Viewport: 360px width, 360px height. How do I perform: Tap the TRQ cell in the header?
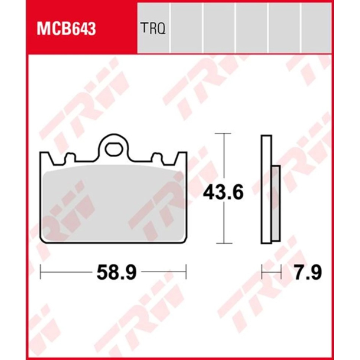pyautogui.click(x=152, y=28)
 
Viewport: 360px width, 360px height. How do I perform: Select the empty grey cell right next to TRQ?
pyautogui.click(x=186, y=28)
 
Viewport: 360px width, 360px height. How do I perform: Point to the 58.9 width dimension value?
pyautogui.click(x=116, y=272)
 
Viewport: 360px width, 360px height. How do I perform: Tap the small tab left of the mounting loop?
pyautogui.click(x=70, y=158)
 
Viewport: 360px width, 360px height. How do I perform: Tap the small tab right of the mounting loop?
pyautogui.click(x=157, y=158)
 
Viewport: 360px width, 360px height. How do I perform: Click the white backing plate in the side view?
pyautogui.click(x=266, y=189)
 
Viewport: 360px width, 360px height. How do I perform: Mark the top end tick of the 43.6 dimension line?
pyautogui.click(x=222, y=134)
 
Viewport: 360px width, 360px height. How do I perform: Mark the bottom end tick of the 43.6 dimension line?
pyautogui.click(x=222, y=243)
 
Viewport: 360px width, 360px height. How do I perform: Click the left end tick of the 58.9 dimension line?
pyautogui.click(x=41, y=272)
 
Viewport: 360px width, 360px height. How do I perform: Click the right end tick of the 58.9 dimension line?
pyautogui.click(x=186, y=272)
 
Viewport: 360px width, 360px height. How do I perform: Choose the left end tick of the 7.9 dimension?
pyautogui.click(x=262, y=272)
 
